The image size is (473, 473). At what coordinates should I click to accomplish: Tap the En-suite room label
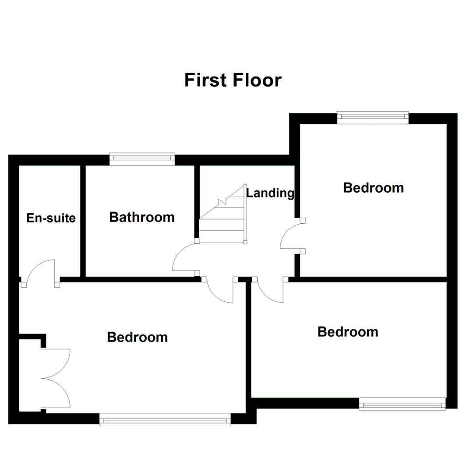tap(51, 218)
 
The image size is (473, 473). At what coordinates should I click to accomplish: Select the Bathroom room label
tap(142, 217)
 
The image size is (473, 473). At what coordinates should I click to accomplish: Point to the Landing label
tap(270, 193)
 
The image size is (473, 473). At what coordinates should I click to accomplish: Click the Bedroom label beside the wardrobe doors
tap(138, 337)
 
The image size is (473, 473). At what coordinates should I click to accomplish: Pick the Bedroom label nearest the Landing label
tap(373, 187)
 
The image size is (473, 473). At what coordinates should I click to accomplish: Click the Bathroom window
tap(142, 159)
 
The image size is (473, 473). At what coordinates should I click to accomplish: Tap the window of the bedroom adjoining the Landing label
tap(373, 117)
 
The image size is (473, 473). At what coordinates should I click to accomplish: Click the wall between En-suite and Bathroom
tap(83, 221)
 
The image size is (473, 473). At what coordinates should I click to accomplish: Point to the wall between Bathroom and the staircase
tap(197, 201)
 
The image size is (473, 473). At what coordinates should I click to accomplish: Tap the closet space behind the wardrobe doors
tap(31, 374)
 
